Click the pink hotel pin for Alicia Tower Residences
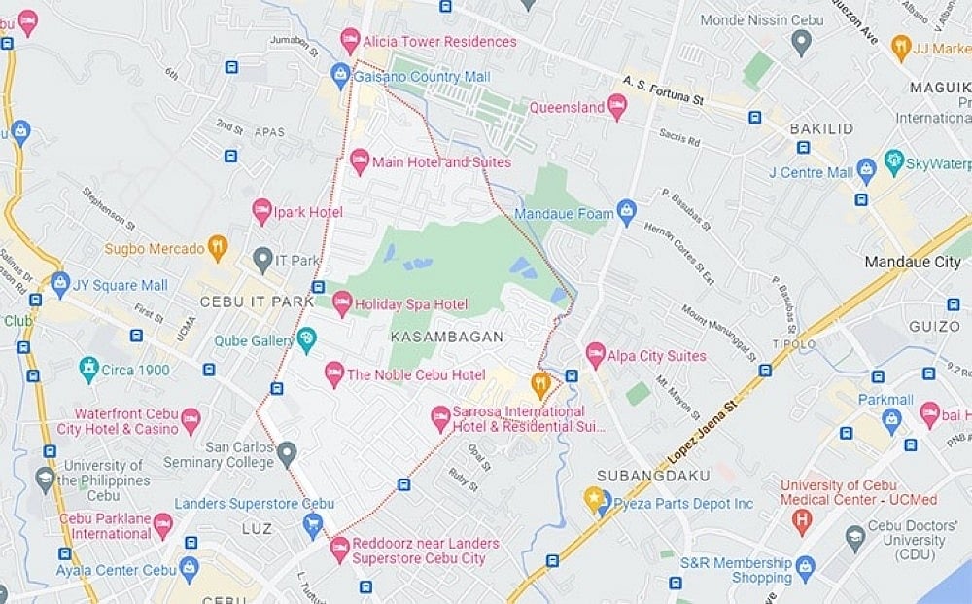(x=350, y=41)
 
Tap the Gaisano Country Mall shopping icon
(x=340, y=74)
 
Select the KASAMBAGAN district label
(x=447, y=337)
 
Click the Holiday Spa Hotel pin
(x=342, y=303)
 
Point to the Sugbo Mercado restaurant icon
(x=218, y=248)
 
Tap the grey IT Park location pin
(x=262, y=260)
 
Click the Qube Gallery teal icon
(x=307, y=339)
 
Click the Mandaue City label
(x=912, y=263)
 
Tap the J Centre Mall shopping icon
(x=867, y=172)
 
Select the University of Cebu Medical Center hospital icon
(x=802, y=520)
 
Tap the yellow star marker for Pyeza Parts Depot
(x=595, y=501)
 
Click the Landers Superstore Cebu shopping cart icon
(x=313, y=525)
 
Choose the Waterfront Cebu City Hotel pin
(x=190, y=421)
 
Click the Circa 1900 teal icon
(x=89, y=370)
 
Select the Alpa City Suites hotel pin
(x=596, y=355)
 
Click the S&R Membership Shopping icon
(x=805, y=567)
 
